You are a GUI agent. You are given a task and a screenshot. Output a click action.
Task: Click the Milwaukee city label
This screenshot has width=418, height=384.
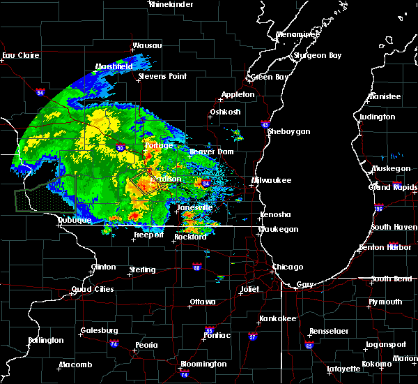click(x=272, y=180)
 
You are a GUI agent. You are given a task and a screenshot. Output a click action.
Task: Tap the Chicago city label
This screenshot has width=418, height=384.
click(x=288, y=267)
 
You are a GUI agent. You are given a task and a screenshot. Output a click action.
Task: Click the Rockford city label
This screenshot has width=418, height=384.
click(x=191, y=237)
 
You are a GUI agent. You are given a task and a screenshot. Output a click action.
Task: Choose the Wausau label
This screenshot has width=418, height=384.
click(x=148, y=46)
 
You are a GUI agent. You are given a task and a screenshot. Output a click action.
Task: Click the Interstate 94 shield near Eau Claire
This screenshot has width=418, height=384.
click(x=40, y=91)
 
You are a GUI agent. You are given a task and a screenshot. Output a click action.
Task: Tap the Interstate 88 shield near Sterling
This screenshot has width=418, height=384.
click(x=197, y=267)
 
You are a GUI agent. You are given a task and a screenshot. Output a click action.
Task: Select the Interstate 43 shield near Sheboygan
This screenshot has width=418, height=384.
click(x=266, y=124)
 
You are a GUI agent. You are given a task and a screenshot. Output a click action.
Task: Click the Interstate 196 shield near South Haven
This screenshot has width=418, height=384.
click(x=398, y=208)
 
